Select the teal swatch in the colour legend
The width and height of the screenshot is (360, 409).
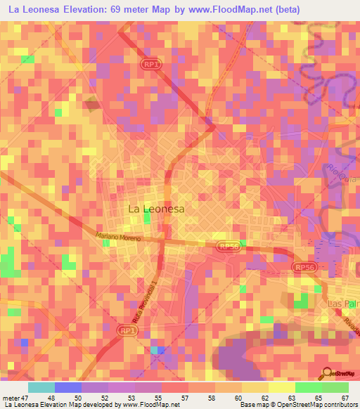pyautogui.click(x=41, y=387)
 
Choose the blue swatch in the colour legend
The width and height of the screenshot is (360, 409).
pyautogui.click(x=68, y=387)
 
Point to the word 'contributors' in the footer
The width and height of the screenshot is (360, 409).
pyautogui.click(x=337, y=405)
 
